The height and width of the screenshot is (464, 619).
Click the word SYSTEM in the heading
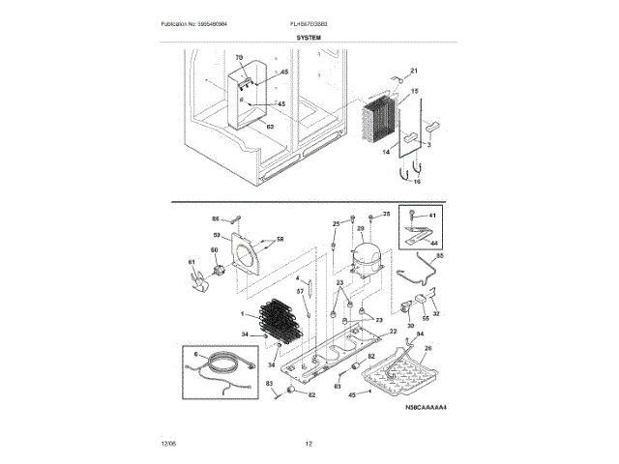[x=309, y=38]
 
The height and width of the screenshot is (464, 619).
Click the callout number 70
[x=239, y=59]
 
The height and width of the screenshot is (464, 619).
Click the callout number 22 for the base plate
[x=394, y=332]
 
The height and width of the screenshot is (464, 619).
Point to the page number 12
[x=309, y=444]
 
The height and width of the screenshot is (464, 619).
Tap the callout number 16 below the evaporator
[x=418, y=181]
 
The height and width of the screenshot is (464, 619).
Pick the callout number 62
[x=270, y=127]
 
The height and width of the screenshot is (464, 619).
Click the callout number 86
[x=216, y=218]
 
